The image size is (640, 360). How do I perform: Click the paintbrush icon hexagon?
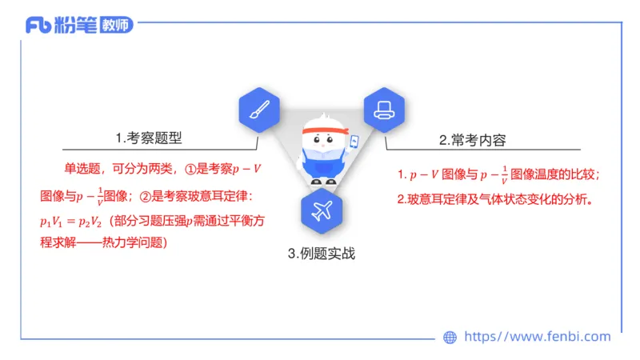pyautogui.click(x=258, y=110)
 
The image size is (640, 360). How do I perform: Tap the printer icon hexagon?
pyautogui.click(x=382, y=110)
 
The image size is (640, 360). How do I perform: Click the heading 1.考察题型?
pyautogui.click(x=149, y=137)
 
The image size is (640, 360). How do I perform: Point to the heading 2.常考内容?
pyautogui.click(x=477, y=139)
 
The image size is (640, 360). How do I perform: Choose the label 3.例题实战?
pyautogui.click(x=321, y=254)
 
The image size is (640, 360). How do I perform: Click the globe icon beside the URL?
pyautogui.click(x=450, y=338)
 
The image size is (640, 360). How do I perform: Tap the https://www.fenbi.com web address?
pyautogui.click(x=538, y=337)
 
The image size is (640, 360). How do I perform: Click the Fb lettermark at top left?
pyautogui.click(x=39, y=26)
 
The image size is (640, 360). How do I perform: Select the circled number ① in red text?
pyautogui.click(x=190, y=170)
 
